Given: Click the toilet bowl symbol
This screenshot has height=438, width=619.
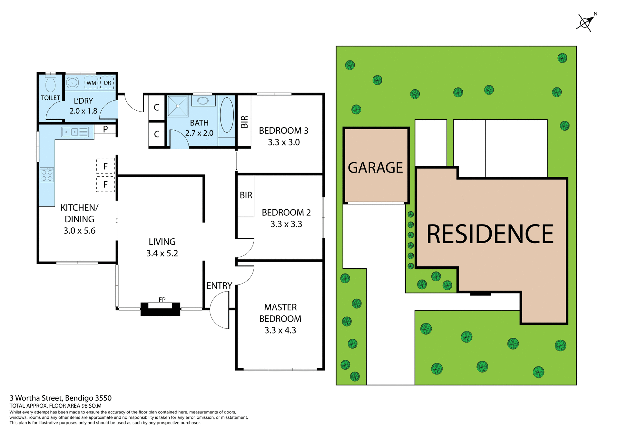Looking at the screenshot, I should tap(51, 85).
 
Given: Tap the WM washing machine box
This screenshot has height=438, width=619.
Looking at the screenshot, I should tap(91, 83).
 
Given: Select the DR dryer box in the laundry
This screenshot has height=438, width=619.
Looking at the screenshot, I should tap(107, 83).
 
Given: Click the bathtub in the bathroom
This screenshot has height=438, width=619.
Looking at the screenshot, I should tap(227, 114).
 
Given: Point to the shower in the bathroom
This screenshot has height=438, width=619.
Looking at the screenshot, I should tap(178, 106).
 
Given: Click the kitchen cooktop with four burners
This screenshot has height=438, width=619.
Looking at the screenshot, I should tap(47, 175).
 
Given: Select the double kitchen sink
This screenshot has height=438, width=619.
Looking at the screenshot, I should tap(71, 132).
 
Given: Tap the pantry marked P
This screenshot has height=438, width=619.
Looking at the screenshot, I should tap(105, 129).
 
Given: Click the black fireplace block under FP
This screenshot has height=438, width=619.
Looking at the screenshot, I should tap(160, 310).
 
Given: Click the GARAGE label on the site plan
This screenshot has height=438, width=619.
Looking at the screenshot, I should tap(375, 168).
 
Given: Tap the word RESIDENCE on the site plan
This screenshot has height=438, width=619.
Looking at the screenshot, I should tap(490, 234).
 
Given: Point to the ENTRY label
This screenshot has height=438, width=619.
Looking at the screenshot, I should tap(219, 285).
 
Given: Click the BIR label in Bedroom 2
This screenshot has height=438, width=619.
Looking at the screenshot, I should tap(246, 195).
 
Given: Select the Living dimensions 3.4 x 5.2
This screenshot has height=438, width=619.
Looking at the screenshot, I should tap(162, 253).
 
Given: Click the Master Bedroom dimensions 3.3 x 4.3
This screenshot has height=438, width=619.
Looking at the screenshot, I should tap(280, 330).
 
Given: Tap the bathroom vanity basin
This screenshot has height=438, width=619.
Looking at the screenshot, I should tap(203, 101).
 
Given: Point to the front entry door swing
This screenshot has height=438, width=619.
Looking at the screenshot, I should tap(220, 310).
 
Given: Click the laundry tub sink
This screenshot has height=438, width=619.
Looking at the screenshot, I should tap(73, 83).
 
